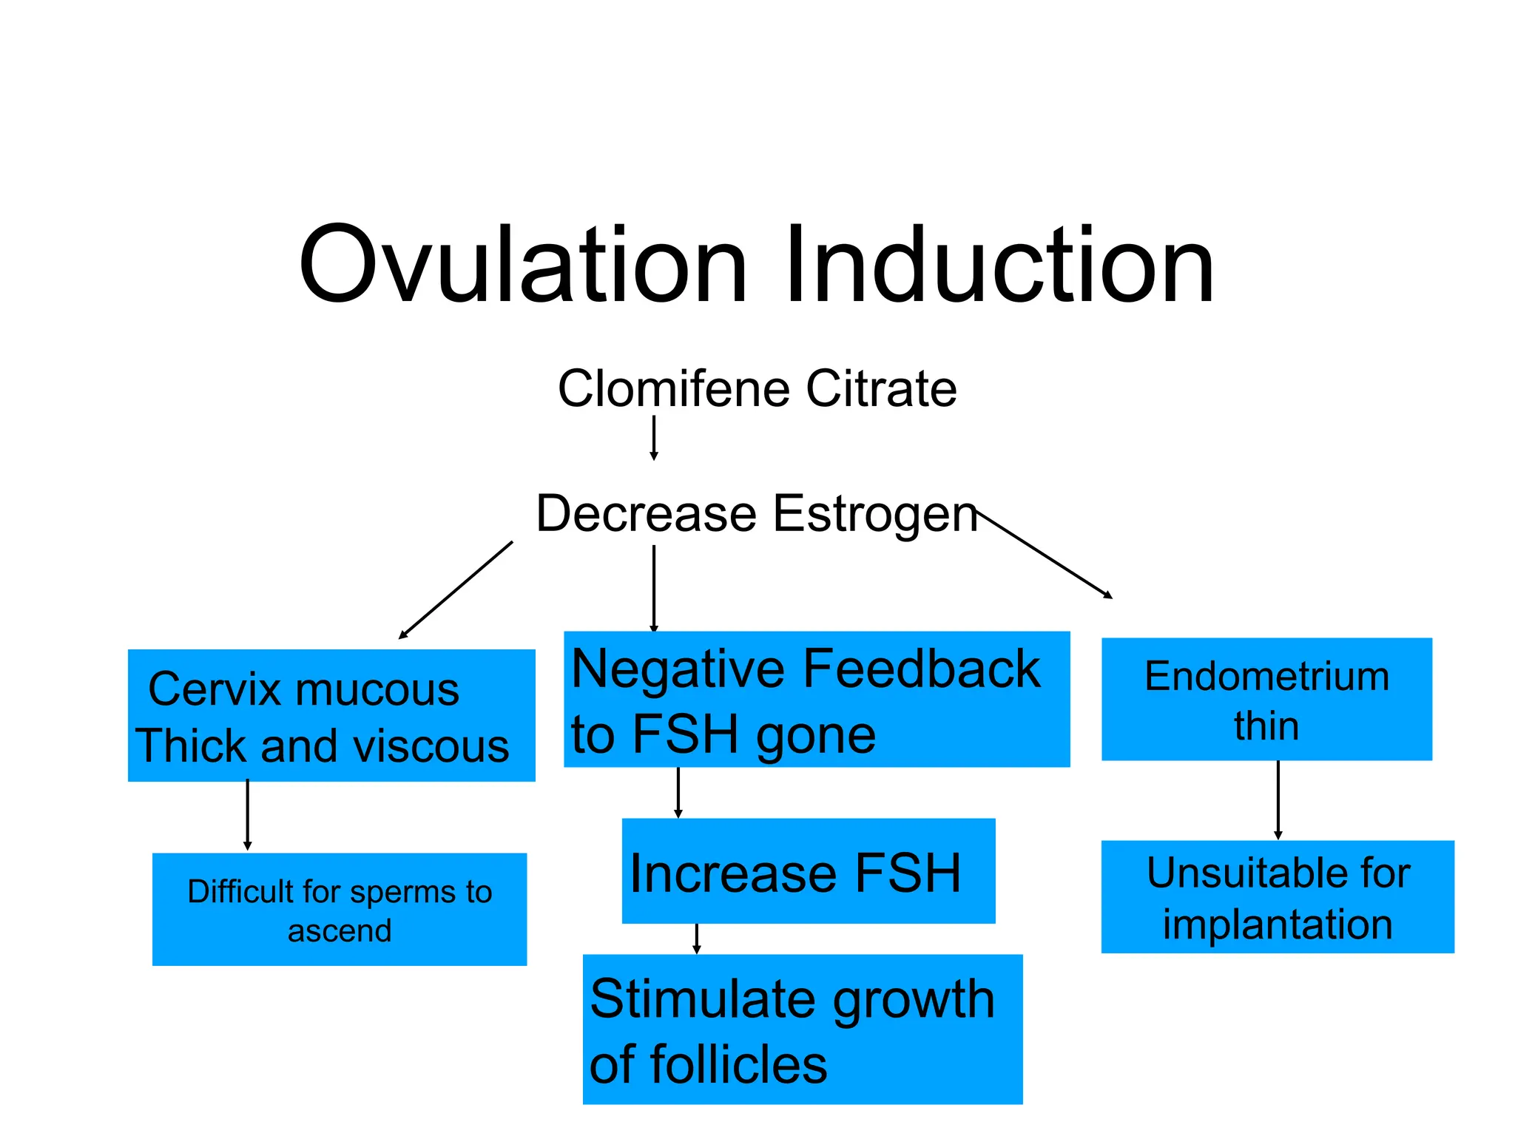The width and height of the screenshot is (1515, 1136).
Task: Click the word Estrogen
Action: [875, 514]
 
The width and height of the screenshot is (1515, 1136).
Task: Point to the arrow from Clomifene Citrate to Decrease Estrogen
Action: [654, 438]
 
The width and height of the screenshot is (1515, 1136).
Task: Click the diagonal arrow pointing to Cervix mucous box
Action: [456, 590]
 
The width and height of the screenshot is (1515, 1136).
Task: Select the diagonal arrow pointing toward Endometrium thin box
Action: [1045, 553]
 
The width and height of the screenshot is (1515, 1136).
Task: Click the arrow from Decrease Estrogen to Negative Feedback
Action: [654, 588]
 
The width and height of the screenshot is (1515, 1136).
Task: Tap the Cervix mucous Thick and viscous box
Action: [331, 715]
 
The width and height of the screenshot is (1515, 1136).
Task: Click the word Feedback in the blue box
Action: [922, 669]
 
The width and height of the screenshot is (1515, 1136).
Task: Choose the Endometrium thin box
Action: [1266, 699]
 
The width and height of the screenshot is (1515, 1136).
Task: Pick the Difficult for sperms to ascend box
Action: [340, 909]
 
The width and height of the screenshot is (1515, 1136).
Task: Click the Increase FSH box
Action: [809, 870]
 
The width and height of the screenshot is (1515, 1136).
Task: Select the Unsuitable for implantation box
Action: [1278, 896]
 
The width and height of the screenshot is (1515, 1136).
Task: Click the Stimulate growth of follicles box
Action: [803, 1029]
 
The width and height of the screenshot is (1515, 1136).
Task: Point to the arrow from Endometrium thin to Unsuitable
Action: [1278, 799]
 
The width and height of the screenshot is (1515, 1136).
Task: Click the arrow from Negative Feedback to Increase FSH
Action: [678, 792]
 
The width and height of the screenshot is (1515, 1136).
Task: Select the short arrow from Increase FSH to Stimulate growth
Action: [697, 939]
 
